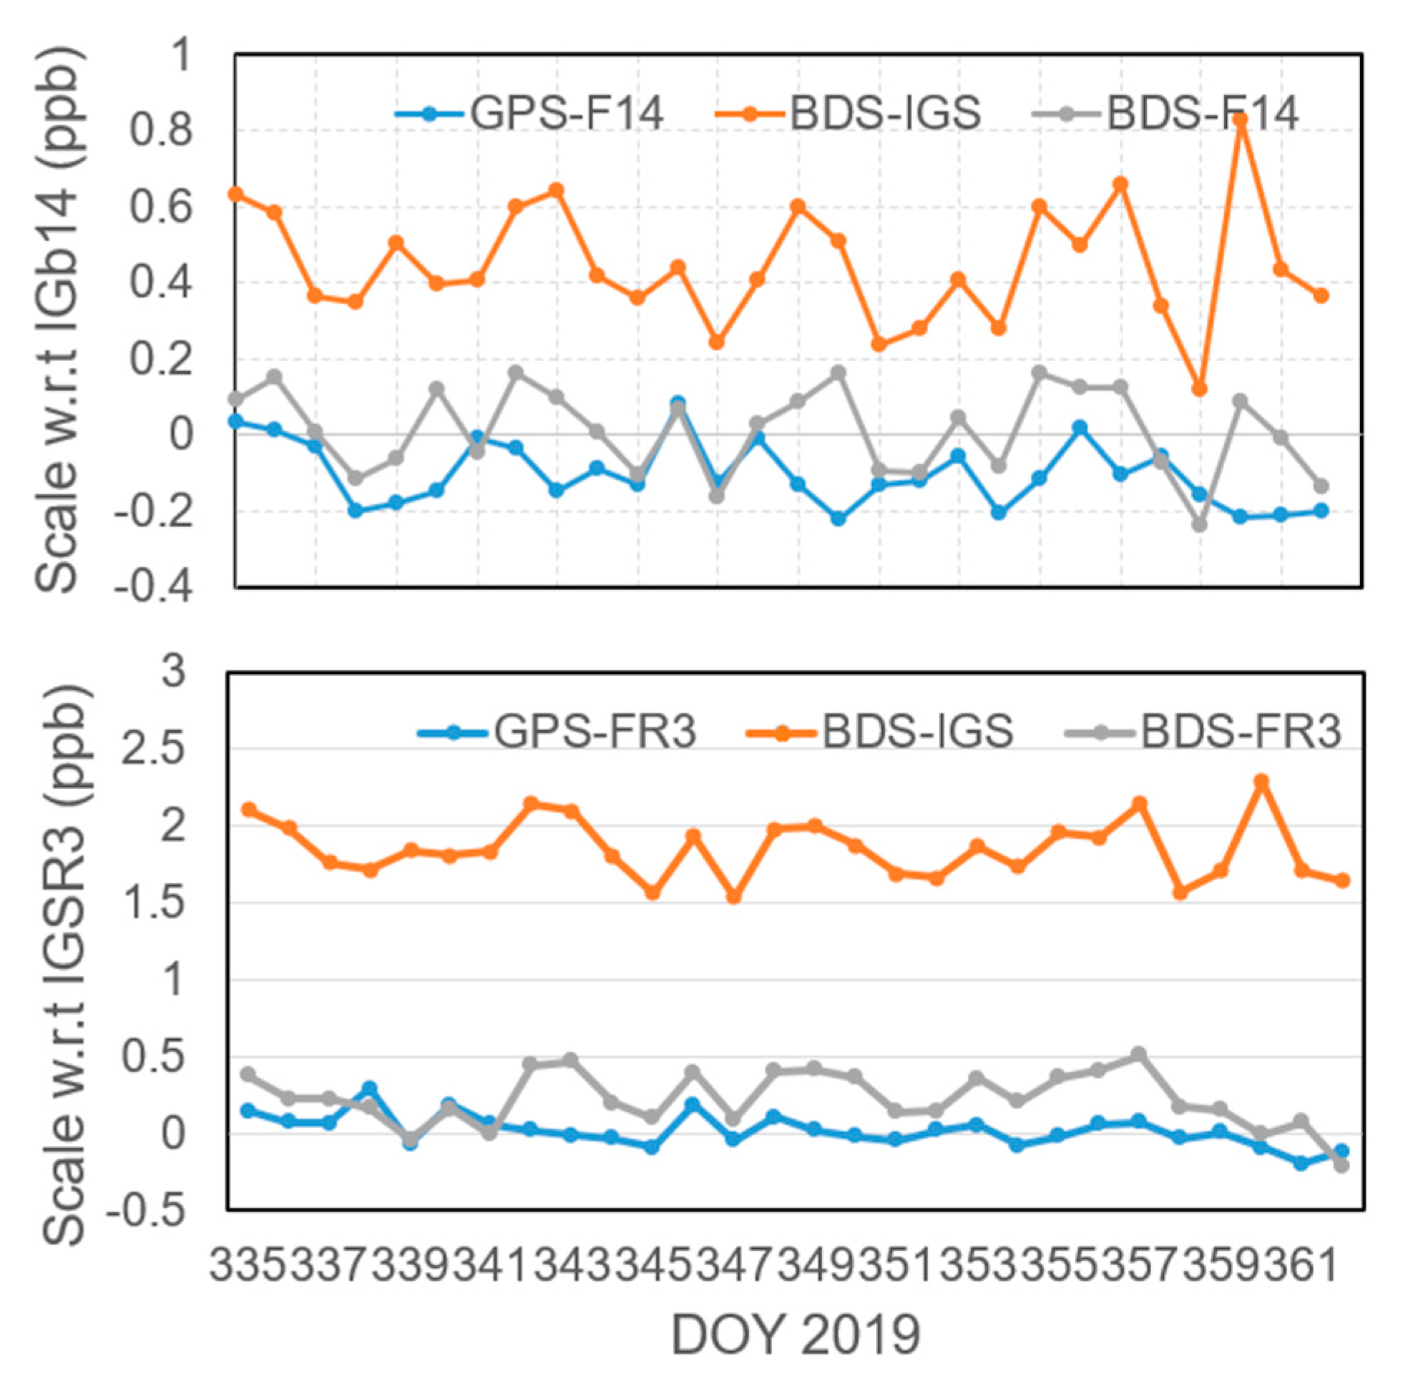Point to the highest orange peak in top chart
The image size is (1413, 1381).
click(1241, 120)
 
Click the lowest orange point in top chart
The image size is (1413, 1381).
click(1200, 390)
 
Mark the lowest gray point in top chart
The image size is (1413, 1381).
click(1200, 524)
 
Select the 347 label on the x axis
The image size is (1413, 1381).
click(734, 1265)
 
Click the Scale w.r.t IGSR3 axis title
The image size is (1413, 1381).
click(65, 943)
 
